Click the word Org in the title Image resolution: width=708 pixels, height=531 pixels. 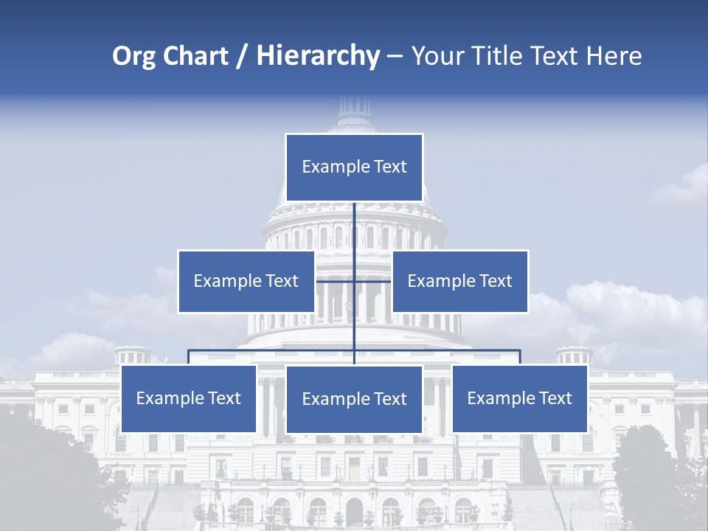(133, 56)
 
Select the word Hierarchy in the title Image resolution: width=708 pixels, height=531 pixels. (318, 56)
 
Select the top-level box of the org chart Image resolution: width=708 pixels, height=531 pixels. (354, 167)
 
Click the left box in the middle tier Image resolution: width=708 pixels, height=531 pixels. (246, 281)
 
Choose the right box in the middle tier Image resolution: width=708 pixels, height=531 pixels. (460, 281)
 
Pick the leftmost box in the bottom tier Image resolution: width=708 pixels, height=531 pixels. (189, 399)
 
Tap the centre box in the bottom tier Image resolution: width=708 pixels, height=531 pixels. (354, 400)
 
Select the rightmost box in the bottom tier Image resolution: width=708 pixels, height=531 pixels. (520, 399)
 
